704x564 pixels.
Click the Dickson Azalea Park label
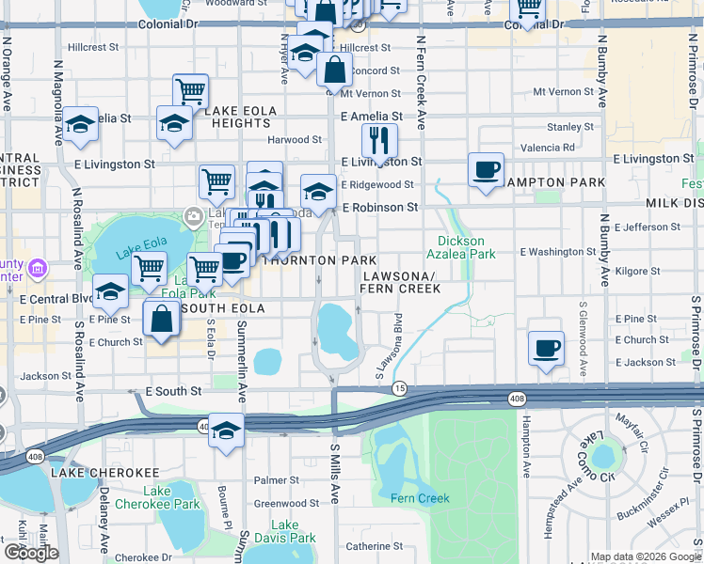coord(466,247)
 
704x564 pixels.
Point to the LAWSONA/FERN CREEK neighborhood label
coord(401,282)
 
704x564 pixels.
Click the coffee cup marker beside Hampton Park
coord(486,170)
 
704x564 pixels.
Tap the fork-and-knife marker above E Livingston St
coord(379,142)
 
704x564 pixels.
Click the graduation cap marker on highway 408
coord(226,431)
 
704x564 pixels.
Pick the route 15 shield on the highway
coord(400,387)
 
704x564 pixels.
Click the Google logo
coord(30,553)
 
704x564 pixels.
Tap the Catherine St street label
coord(374,545)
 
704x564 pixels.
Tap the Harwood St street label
coord(295,140)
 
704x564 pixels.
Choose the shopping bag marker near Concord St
coord(335,69)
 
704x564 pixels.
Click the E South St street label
coord(173,390)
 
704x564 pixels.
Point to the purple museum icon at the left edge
coord(38,269)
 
